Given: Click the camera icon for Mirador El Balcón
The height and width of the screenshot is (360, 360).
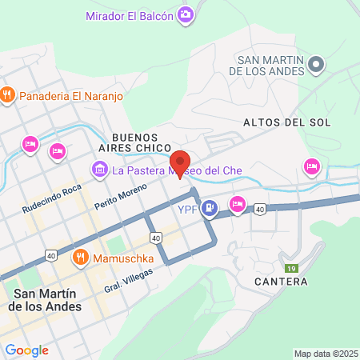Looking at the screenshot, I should coord(186,14).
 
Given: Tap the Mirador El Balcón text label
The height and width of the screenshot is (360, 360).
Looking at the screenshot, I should coord(130,15).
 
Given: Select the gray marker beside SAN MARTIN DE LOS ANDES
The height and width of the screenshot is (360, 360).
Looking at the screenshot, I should coord(315,63).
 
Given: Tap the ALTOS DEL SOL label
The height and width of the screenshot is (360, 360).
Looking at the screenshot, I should coord(277,122).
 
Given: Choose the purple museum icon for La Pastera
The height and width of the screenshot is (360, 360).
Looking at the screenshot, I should coord(100,169).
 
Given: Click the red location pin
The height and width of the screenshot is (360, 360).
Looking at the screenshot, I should coord(179,164).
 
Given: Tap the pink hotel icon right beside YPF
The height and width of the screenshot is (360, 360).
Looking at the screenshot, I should coord(237,203).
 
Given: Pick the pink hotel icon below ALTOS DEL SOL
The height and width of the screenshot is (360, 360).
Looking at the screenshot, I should coord(311,166).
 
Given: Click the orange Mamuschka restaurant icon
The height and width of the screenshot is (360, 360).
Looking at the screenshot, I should coord(80,258).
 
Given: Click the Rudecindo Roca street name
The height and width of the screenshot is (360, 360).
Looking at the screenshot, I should coord(52,196).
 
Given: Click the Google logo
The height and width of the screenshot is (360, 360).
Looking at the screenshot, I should coord(26,350).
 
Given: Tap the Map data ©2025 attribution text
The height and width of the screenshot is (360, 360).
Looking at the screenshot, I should coord(326,354).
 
